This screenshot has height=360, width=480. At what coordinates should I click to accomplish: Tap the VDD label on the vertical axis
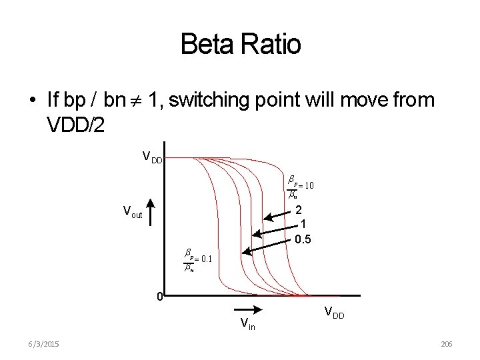click(153, 157)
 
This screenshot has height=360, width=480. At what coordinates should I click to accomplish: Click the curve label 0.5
click(303, 239)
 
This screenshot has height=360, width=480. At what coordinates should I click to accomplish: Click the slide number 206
click(446, 343)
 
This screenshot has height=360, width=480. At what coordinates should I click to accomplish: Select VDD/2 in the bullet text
click(75, 126)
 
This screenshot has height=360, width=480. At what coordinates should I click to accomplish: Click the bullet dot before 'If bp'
click(32, 102)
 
